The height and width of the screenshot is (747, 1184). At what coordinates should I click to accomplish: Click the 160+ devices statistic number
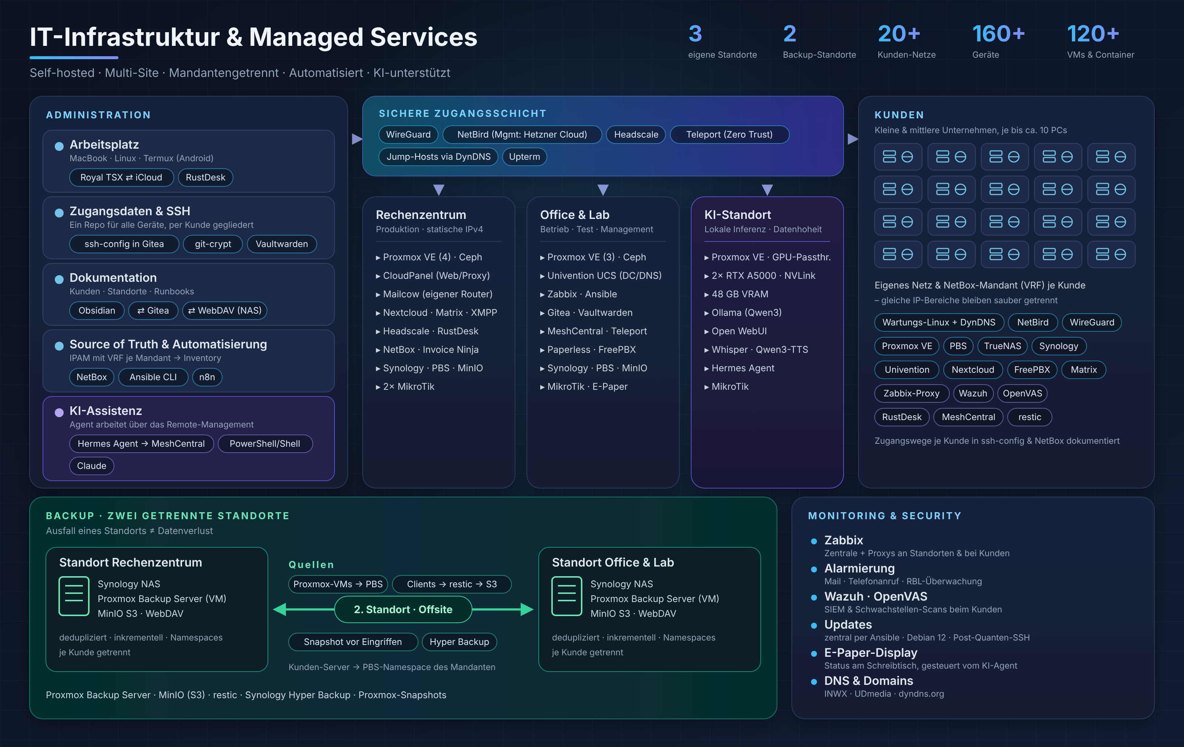(x=998, y=34)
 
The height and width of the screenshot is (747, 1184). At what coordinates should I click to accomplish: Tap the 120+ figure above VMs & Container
(x=1093, y=34)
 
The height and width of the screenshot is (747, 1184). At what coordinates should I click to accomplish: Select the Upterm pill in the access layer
(x=524, y=157)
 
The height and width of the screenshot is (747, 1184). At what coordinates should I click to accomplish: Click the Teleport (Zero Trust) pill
(x=729, y=135)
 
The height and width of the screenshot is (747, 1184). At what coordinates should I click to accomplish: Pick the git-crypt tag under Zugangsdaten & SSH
(x=213, y=244)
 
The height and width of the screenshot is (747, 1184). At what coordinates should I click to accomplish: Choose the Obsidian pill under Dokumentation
(x=97, y=311)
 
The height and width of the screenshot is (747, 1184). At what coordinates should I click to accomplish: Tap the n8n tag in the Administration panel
(x=207, y=377)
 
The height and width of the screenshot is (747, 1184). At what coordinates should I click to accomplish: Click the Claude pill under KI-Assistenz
(x=91, y=466)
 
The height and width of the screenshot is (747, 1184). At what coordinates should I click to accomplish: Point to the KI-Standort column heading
(x=737, y=215)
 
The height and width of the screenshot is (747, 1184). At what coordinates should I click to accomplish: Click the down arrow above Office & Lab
(x=603, y=190)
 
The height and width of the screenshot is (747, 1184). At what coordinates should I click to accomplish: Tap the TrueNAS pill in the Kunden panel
(x=1003, y=346)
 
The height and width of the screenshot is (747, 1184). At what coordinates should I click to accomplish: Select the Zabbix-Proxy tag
(x=912, y=393)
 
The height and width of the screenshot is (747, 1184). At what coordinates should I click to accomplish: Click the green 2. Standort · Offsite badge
(x=403, y=609)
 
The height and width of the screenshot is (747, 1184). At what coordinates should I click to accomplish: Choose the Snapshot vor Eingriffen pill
(x=353, y=642)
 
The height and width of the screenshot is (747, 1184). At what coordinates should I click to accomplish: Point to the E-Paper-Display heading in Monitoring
(x=871, y=653)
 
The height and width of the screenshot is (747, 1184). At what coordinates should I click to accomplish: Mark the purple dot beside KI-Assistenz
(x=59, y=412)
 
